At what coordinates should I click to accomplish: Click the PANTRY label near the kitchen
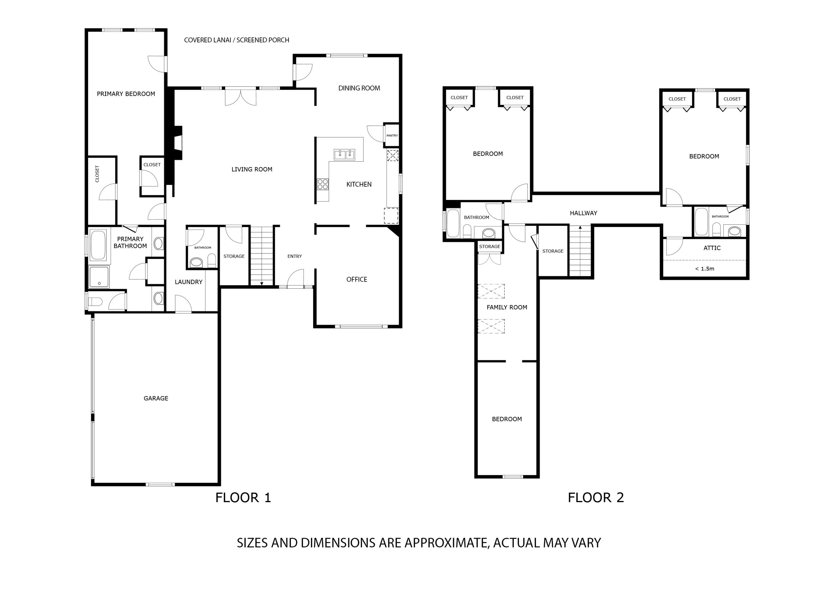(x=392, y=135)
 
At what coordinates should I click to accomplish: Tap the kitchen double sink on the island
(x=344, y=155)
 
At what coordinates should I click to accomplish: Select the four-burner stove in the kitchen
(x=322, y=184)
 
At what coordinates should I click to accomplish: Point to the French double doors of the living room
(x=240, y=97)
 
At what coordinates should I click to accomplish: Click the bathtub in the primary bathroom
(x=98, y=245)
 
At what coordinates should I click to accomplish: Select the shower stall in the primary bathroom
(x=99, y=277)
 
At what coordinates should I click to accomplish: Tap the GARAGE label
(x=156, y=398)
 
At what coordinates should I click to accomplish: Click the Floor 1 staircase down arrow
(x=262, y=283)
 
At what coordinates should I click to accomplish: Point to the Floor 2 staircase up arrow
(x=580, y=228)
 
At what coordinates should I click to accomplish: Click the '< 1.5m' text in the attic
(x=704, y=269)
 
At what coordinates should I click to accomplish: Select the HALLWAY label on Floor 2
(x=583, y=213)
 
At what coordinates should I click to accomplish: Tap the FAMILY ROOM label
(x=507, y=308)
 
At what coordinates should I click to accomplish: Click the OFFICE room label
(x=357, y=280)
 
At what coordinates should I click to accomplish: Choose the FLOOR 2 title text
(x=596, y=498)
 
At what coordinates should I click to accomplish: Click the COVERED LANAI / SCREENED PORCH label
(x=237, y=40)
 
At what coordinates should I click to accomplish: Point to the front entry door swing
(x=296, y=278)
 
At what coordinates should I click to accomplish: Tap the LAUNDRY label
(x=188, y=282)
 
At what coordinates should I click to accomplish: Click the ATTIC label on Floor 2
(x=712, y=248)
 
